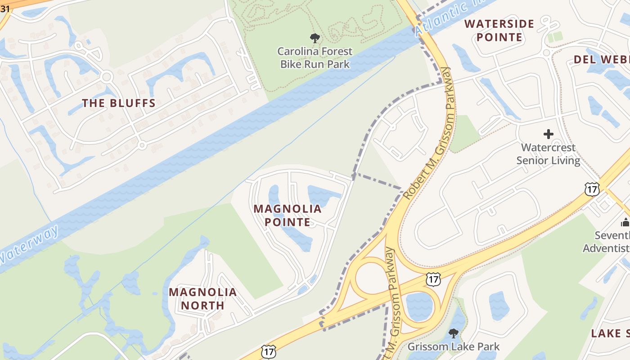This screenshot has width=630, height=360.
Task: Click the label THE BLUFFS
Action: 119,103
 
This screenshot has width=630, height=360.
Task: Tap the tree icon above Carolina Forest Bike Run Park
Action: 315,38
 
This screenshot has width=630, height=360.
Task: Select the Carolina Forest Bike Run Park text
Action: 315,58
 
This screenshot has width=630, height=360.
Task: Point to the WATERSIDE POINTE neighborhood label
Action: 499,31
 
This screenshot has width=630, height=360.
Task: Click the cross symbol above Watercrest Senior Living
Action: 548,134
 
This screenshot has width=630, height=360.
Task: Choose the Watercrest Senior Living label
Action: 548,154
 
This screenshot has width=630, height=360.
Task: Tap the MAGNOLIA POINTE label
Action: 288,215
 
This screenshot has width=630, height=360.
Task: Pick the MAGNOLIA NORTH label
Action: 202,299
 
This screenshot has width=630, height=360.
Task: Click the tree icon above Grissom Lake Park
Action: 454,333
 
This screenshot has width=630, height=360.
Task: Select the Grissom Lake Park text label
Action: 454,346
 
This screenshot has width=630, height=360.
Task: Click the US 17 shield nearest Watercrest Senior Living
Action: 592,189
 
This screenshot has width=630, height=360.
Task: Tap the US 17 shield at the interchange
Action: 433,279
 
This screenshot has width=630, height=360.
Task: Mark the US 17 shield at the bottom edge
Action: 269,352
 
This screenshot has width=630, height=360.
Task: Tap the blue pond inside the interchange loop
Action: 419,306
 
